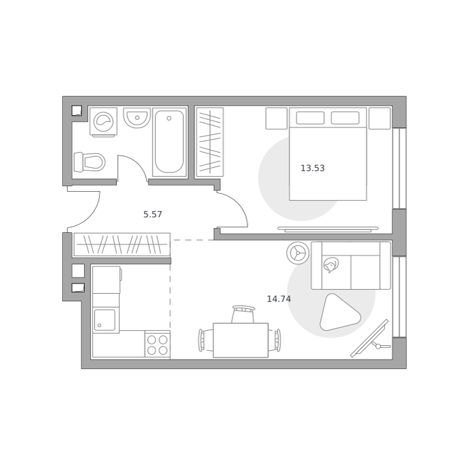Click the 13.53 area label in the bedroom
[313, 168]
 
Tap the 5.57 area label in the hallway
[152, 214]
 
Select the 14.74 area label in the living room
[279, 299]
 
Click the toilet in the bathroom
[90, 162]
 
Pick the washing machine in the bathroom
[103, 122]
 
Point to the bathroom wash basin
[137, 118]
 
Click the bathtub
[170, 142]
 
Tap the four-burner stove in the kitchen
[157, 344]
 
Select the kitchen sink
[105, 320]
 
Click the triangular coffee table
[339, 313]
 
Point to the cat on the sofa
[331, 264]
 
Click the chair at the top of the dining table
[243, 314]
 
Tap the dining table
[241, 340]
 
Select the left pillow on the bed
[310, 118]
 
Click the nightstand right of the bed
[380, 118]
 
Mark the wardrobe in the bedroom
[210, 142]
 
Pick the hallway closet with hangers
[122, 244]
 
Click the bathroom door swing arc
[133, 168]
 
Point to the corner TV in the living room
[371, 338]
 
